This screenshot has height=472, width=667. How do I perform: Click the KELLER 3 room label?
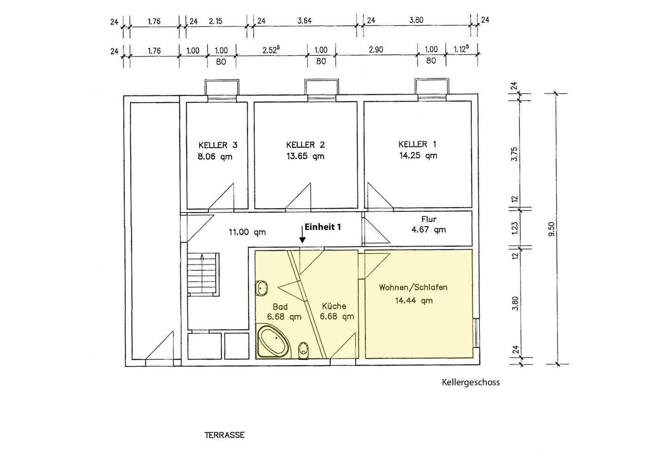coord(218,146)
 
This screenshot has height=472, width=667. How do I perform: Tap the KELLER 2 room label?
coord(305,145)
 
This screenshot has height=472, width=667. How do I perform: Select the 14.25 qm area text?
coord(418,155)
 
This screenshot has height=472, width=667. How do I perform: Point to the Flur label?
coord(429,219)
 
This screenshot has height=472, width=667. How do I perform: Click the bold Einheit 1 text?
coord(323,227)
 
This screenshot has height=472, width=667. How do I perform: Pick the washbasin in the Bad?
coord(261,288)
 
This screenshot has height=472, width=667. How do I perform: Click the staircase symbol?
coord(203,274)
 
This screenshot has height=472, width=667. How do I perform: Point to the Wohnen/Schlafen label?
coord(413,287)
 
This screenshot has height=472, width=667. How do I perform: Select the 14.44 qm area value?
coord(414,300)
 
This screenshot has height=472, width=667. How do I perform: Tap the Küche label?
coord(334,306)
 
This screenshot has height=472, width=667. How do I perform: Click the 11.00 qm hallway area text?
coord(247,232)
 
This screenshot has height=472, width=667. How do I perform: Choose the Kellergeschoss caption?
coord(471,383)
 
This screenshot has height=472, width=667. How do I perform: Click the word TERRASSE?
coord(225,435)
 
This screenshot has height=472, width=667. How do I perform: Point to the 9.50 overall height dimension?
coord(552,229)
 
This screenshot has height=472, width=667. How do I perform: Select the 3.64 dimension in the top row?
coord(305,20)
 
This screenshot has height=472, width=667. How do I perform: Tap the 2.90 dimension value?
coord(376,50)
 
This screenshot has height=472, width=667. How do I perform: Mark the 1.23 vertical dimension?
coord(515,228)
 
